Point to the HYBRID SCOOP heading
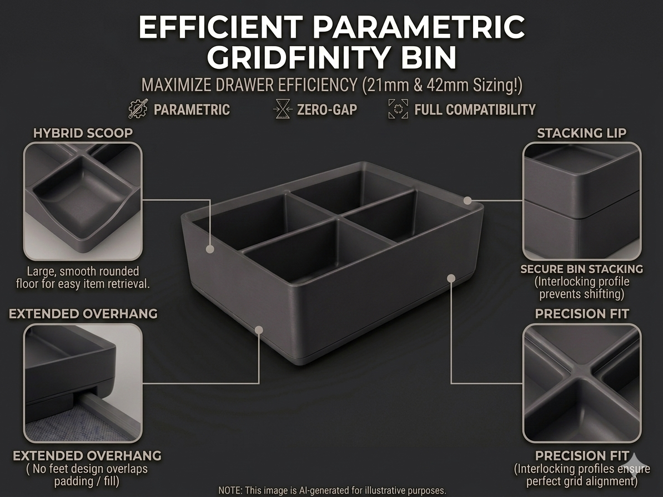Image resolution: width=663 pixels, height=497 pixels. [x=83, y=133]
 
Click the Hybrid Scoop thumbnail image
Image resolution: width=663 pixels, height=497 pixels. [x=83, y=201]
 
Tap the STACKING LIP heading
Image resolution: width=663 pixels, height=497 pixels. [x=581, y=133]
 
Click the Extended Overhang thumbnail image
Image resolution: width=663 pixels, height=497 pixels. [x=83, y=383]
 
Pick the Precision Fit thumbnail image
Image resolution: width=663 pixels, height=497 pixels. [x=581, y=383]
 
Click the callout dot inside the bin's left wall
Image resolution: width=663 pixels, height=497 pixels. [x=210, y=249]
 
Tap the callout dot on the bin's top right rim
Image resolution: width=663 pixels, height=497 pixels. [x=468, y=200]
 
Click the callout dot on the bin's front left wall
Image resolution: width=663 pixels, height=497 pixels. [x=258, y=329]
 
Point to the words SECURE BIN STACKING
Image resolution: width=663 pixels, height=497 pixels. [x=581, y=269]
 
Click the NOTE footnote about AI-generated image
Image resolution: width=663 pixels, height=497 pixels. [x=331, y=491]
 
